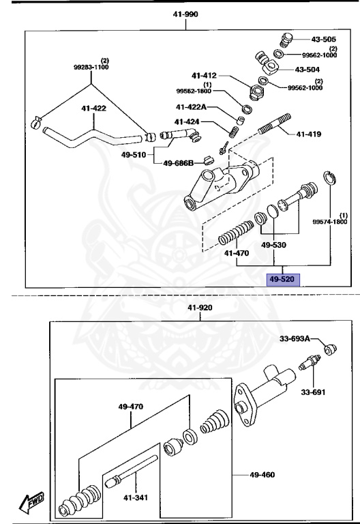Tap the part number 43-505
pyautogui.click(x=325, y=39)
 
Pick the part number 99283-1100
pyautogui.click(x=91, y=67)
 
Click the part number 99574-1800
pyautogui.click(x=330, y=222)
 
